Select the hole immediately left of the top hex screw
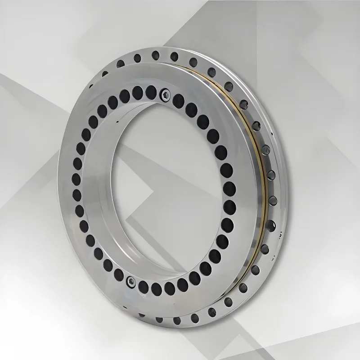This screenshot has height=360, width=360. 150,93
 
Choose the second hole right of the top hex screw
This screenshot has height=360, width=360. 191,108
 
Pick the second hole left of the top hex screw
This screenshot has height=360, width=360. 137,93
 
